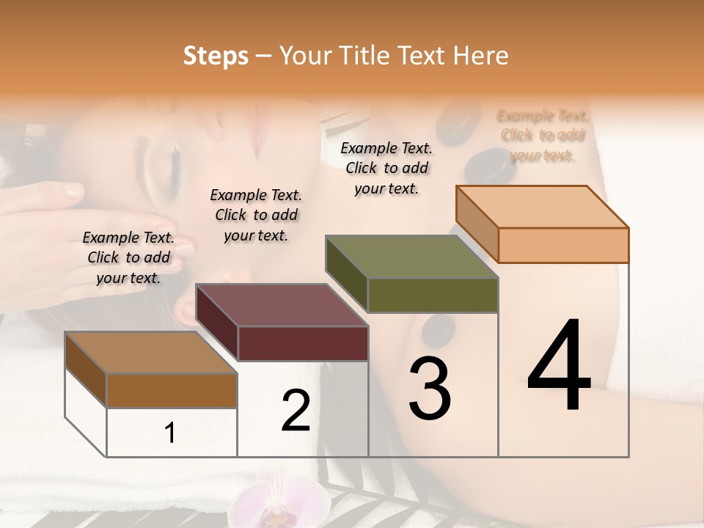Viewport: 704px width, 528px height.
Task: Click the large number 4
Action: pyautogui.click(x=559, y=367)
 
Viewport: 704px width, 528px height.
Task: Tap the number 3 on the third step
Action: pyautogui.click(x=429, y=388)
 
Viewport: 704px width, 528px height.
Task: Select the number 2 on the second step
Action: pyautogui.click(x=296, y=410)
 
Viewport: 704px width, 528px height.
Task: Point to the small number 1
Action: pyautogui.click(x=170, y=433)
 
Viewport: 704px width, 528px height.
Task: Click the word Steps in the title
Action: pyautogui.click(x=216, y=56)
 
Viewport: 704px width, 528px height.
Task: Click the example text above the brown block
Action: pyautogui.click(x=128, y=257)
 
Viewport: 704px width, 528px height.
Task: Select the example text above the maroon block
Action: pyautogui.click(x=256, y=215)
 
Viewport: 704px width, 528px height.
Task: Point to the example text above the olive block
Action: pyautogui.click(x=386, y=168)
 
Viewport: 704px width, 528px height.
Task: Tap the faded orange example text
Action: pyautogui.click(x=542, y=135)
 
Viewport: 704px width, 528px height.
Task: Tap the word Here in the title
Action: pyautogui.click(x=484, y=56)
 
